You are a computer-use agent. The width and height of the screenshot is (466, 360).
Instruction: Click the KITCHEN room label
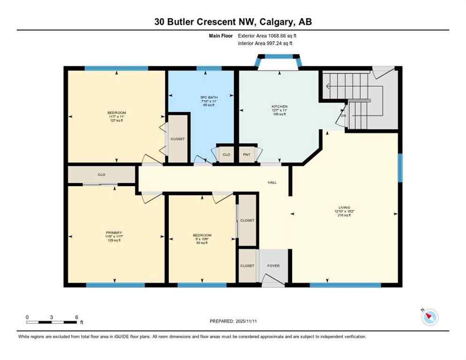click(279, 106)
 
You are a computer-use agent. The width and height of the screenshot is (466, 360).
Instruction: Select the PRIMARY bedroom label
click(114, 232)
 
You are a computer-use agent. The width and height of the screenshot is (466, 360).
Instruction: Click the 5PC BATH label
click(202, 97)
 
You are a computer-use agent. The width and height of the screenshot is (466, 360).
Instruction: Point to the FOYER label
click(273, 266)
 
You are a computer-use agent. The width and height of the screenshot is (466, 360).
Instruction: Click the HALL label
click(272, 182)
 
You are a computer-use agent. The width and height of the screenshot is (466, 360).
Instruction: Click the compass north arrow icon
click(429, 317)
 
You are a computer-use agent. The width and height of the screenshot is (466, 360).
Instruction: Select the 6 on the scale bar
click(76, 317)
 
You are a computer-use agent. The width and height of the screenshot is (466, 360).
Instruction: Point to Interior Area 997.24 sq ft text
click(265, 43)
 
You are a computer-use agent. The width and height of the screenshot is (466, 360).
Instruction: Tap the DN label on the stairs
click(343, 116)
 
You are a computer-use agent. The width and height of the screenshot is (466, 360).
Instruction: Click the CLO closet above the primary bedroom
click(101, 174)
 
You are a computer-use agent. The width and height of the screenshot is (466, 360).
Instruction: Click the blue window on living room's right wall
click(400, 167)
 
